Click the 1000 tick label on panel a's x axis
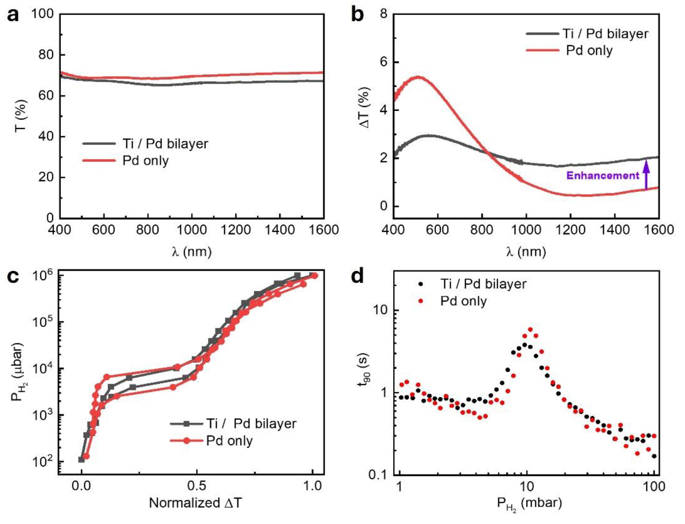(192, 230)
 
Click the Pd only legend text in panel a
(146, 161)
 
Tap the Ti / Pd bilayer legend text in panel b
(606, 34)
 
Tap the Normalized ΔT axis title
(195, 503)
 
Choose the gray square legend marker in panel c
(186, 424)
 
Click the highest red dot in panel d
(530, 329)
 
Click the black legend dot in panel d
(421, 284)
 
